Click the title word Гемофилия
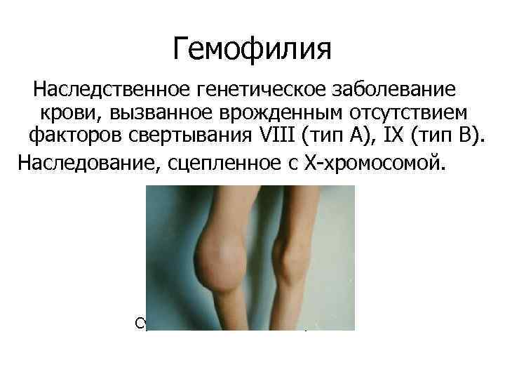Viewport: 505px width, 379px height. [x=252, y=49]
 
